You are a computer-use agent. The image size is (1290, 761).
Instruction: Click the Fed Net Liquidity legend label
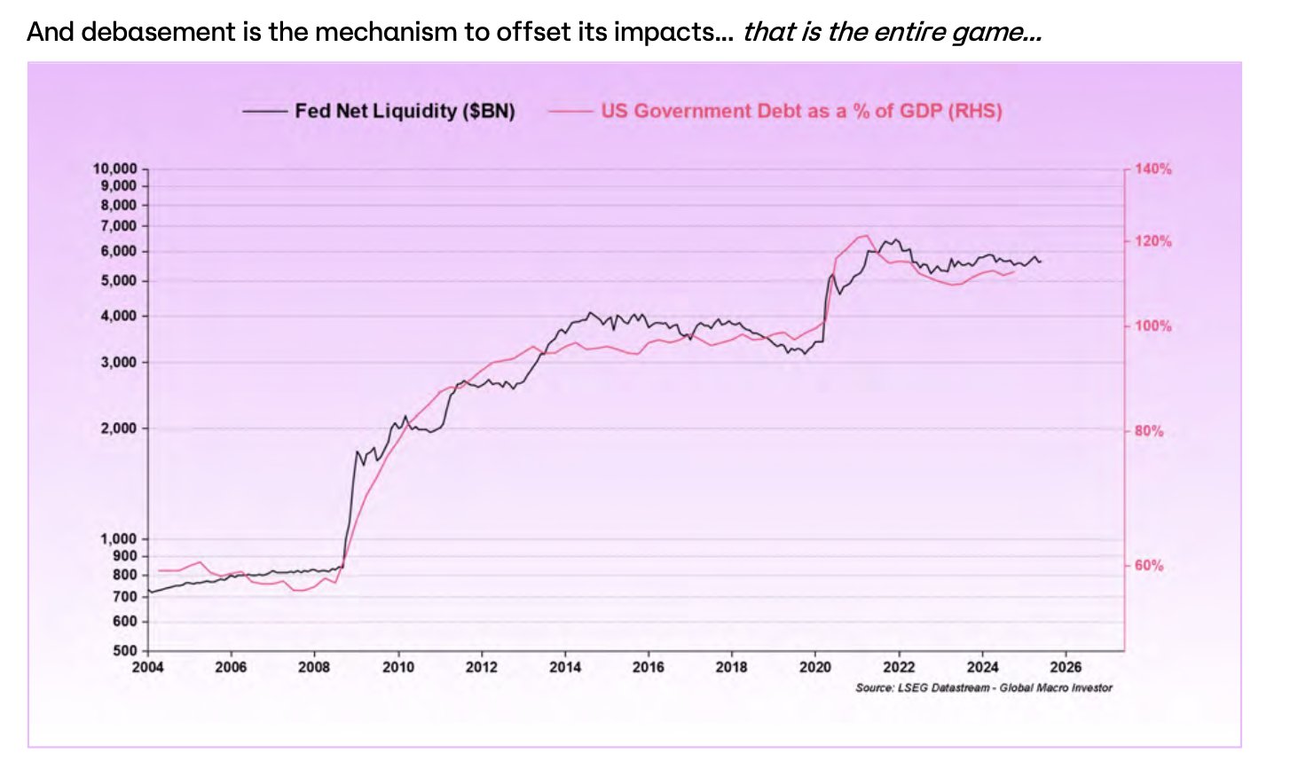click(405, 111)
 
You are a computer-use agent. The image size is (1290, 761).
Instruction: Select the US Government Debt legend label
click(801, 111)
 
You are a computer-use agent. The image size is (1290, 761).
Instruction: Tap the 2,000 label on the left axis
click(122, 428)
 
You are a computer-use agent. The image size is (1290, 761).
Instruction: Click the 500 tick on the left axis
click(126, 651)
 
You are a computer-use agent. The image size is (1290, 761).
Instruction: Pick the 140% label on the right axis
click(1152, 169)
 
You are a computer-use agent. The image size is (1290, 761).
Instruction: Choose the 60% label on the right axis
click(1149, 565)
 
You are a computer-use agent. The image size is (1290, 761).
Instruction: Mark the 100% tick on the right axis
click(1152, 326)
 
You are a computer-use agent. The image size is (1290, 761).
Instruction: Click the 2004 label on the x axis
click(148, 667)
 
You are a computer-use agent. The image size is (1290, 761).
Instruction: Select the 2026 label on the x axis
click(1066, 667)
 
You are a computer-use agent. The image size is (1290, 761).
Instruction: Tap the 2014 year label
click(565, 667)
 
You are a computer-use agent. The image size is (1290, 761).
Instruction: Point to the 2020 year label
click(815, 667)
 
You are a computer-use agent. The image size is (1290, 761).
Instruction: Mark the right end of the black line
click(1041, 262)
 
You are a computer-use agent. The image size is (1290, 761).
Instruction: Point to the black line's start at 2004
click(149, 592)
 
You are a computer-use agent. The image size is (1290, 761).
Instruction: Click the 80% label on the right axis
click(1149, 431)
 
